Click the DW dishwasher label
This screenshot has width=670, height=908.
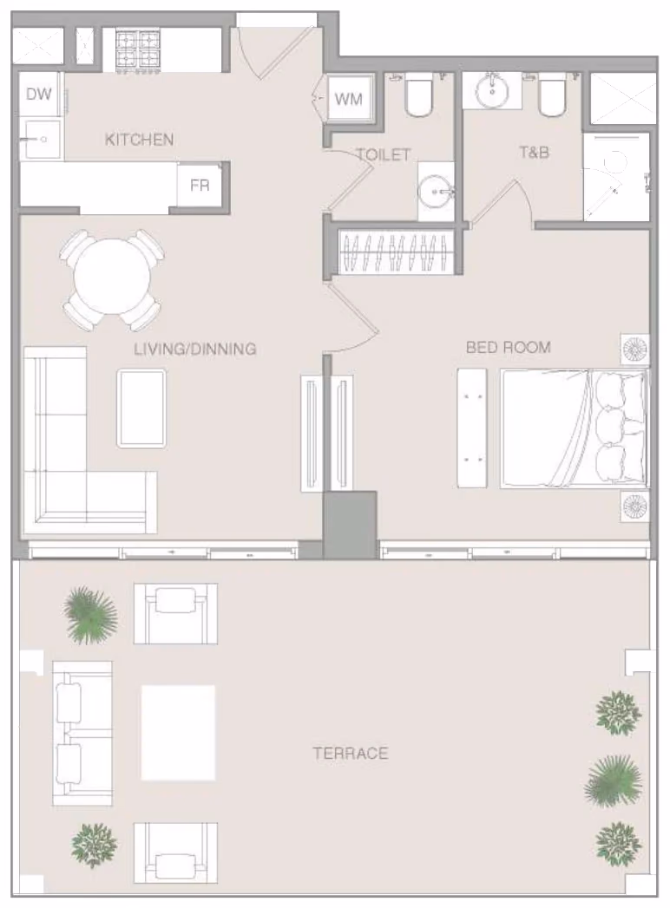(39, 94)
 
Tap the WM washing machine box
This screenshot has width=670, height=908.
(348, 99)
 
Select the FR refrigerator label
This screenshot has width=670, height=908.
(200, 186)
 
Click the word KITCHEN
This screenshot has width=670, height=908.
(139, 140)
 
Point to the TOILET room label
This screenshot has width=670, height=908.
(384, 154)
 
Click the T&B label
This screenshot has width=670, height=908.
(534, 153)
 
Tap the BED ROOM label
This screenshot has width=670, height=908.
(509, 348)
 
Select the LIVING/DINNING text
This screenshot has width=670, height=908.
(194, 349)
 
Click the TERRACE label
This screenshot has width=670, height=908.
(351, 754)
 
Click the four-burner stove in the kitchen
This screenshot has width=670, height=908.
(138, 50)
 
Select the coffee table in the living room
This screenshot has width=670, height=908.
(142, 408)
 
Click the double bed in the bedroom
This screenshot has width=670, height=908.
(575, 428)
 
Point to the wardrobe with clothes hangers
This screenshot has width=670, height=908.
(395, 251)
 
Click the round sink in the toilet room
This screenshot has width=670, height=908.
(436, 191)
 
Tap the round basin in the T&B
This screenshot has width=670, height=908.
(492, 91)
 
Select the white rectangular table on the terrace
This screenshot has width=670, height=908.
(179, 733)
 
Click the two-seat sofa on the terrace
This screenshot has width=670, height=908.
(82, 733)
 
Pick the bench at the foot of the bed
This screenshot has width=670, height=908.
(472, 428)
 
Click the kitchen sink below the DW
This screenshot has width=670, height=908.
(41, 139)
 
